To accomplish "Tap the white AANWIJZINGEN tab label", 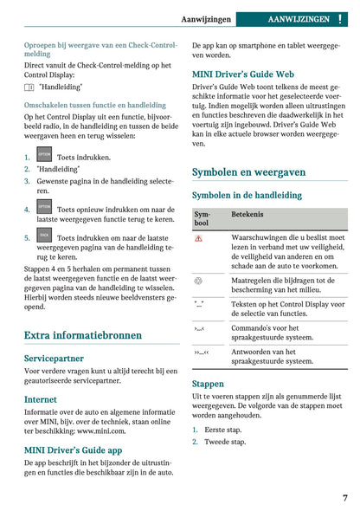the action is pos(299,18).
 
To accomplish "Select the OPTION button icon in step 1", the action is pos(44,156).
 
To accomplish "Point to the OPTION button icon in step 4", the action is pos(44,208).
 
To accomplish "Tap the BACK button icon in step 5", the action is pos(44,235).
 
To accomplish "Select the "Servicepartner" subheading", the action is pos(54,357).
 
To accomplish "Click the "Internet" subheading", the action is pos(42,399).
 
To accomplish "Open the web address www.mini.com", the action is pos(100,430).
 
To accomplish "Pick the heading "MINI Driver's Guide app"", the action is pos(73,450).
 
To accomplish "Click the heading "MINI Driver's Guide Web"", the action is pos(242,74).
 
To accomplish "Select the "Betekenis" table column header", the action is pos(247,214).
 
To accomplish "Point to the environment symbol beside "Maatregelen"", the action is pos(199,281).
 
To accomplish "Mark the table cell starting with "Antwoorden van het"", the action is pos(273,357).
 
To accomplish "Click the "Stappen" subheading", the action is pos(208,383).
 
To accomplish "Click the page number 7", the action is pos(344,498).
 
